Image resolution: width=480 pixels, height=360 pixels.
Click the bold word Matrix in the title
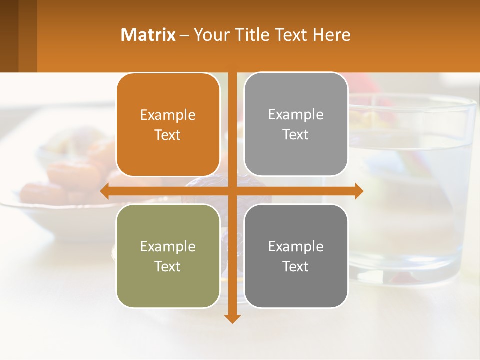click(x=148, y=35)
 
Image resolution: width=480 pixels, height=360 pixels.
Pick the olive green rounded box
click(x=168, y=287)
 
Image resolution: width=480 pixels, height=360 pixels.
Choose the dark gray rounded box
click(x=296, y=287)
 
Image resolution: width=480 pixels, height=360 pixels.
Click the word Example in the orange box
click(x=168, y=115)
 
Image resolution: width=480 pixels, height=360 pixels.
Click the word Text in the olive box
click(x=168, y=266)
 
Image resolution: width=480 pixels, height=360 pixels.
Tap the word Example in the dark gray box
click(x=296, y=246)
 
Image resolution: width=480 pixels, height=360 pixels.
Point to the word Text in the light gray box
click(x=296, y=135)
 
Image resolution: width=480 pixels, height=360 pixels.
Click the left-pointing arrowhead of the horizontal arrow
click(x=104, y=191)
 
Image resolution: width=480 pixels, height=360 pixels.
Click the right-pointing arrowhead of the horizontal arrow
click(x=359, y=191)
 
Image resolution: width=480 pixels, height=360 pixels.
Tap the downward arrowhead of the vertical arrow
click(x=232, y=319)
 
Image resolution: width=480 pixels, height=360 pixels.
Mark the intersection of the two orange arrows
click(x=232, y=191)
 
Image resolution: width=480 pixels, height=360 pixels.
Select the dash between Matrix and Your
click(x=184, y=35)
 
